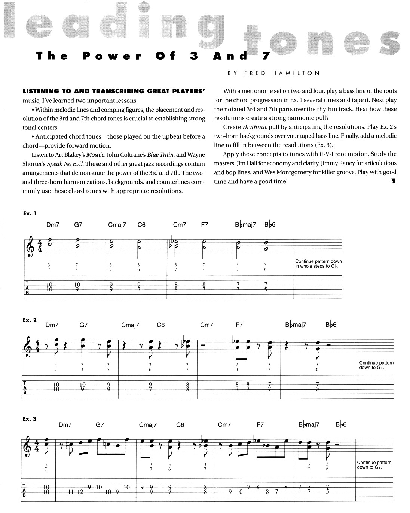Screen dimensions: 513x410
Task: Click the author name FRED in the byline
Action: coord(255,73)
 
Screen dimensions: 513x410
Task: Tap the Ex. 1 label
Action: coord(30,214)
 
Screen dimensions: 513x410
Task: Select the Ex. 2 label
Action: coord(30,320)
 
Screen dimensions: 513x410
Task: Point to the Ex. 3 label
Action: coord(30,419)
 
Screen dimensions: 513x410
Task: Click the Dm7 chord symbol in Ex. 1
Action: coord(53,225)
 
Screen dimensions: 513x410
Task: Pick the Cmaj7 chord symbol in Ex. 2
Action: coord(130,325)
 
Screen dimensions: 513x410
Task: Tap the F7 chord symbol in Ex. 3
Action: coord(261,425)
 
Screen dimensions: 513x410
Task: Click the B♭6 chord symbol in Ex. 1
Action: coord(270,225)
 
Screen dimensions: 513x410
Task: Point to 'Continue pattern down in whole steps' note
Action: coord(318,264)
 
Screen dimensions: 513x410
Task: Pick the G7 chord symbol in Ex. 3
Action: coord(100,425)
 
